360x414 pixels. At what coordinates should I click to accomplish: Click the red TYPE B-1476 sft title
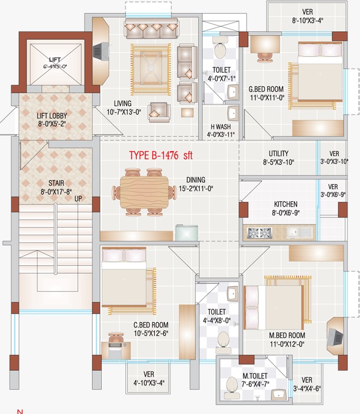(161, 155)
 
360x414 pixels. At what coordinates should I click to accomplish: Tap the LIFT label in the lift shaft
(55, 60)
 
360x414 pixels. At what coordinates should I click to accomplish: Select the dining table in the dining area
(144, 193)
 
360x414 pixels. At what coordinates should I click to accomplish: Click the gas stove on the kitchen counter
(259, 233)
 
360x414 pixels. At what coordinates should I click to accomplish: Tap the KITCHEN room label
(286, 204)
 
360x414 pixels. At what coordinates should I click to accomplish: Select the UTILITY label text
(278, 153)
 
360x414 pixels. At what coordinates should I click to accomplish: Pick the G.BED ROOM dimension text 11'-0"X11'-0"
(267, 98)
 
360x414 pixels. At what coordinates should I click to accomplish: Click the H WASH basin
(233, 113)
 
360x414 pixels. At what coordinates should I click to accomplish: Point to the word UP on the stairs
(78, 199)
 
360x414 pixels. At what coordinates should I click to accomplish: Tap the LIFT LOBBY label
(52, 116)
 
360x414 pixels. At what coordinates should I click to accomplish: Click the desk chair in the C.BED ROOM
(116, 338)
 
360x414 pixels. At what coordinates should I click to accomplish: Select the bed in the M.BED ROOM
(273, 307)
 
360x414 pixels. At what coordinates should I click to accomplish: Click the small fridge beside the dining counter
(187, 233)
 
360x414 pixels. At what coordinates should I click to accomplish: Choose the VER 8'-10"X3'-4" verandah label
(308, 16)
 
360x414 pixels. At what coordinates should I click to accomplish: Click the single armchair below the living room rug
(158, 112)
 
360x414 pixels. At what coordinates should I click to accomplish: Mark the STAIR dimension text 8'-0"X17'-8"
(56, 191)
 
